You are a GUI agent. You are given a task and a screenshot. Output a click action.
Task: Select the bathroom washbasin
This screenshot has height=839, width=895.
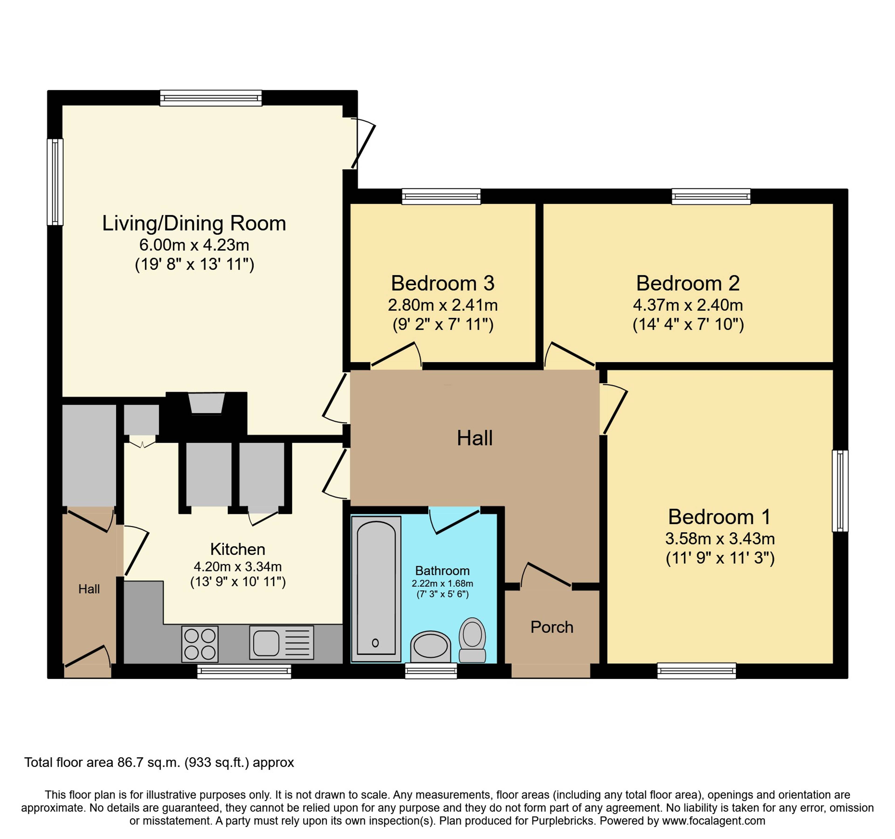[430, 647]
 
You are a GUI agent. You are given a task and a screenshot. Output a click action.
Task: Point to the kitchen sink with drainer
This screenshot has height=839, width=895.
[281, 643]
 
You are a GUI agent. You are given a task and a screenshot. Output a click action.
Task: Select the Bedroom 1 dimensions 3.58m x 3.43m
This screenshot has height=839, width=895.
[720, 538]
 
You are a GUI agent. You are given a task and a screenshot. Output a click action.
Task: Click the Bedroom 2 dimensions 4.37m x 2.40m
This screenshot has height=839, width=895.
[688, 305]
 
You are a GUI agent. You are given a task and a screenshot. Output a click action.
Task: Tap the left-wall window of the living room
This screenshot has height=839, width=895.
[55, 182]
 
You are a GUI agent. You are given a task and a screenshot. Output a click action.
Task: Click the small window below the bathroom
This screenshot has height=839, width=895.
[431, 671]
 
